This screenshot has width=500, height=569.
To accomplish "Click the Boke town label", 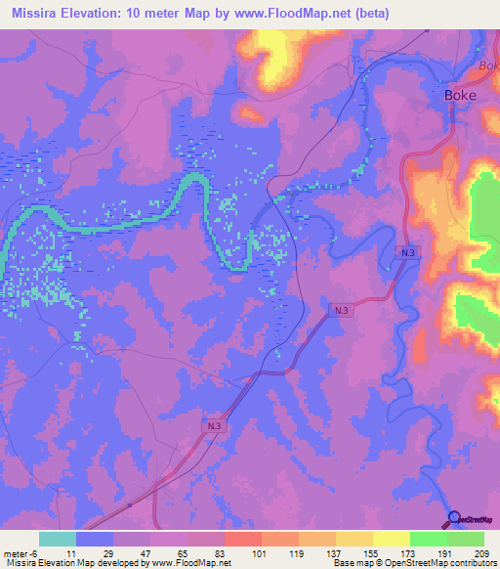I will click(x=460, y=95).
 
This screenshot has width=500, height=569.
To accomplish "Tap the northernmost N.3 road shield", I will click(x=408, y=253).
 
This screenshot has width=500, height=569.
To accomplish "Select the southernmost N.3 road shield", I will click(x=215, y=425).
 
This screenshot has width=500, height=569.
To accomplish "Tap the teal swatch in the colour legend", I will click(x=57, y=539).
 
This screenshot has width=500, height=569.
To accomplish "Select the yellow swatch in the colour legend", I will click(x=390, y=539).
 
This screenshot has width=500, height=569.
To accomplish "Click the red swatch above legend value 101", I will click(x=241, y=539).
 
